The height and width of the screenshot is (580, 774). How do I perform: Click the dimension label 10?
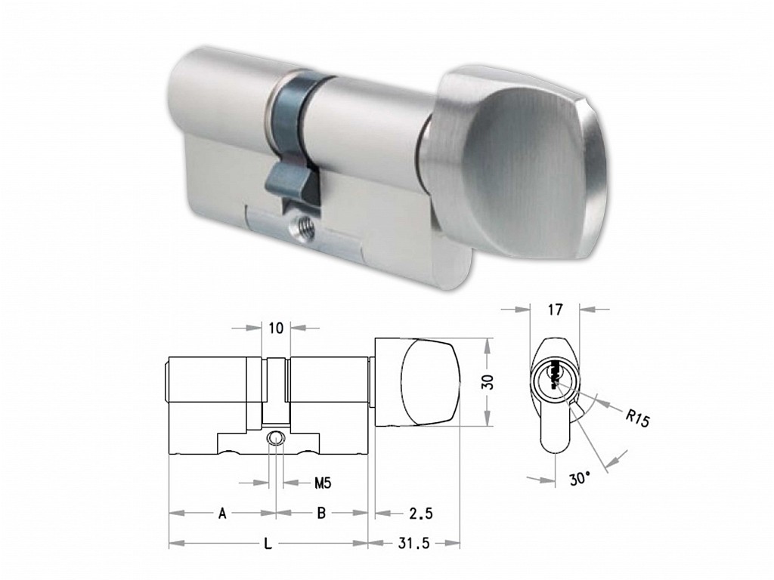pos(277,328)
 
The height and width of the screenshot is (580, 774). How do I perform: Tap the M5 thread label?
pos(323,483)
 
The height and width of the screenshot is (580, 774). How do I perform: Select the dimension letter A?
pos(223,514)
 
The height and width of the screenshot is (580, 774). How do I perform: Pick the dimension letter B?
pos(321,514)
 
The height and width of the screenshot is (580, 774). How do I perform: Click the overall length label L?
pos(268,544)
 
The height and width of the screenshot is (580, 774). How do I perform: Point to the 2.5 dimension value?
pos(421,514)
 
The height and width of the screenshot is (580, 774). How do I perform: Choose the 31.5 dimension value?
pos(414,544)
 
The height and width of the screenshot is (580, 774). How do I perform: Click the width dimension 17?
pos(555,310)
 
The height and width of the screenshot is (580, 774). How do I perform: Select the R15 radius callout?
pos(638,418)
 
